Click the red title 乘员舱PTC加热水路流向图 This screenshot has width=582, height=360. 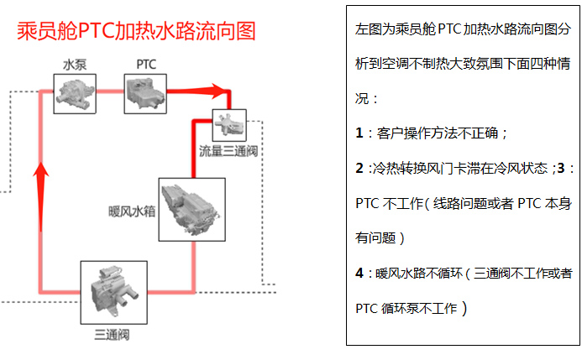136,30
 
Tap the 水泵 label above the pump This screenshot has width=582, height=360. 75,65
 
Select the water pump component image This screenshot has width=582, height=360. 75,94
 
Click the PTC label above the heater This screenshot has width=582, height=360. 146,65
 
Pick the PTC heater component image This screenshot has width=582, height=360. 145,94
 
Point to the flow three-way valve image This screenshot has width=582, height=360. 229,125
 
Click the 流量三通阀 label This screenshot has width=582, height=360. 228,151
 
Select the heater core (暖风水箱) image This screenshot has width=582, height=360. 191,210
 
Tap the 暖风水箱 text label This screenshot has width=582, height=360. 132,211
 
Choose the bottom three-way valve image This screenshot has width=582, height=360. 114,293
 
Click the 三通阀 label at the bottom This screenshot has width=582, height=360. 112,335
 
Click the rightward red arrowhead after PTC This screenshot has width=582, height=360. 218,91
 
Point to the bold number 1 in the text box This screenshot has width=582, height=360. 359,133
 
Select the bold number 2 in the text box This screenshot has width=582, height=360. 359,168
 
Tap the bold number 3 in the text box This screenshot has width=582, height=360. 561,168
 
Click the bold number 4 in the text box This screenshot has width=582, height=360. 359,274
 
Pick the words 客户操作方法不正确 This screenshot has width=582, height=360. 438,133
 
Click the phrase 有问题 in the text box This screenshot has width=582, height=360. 375,237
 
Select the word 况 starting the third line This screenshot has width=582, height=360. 362,98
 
